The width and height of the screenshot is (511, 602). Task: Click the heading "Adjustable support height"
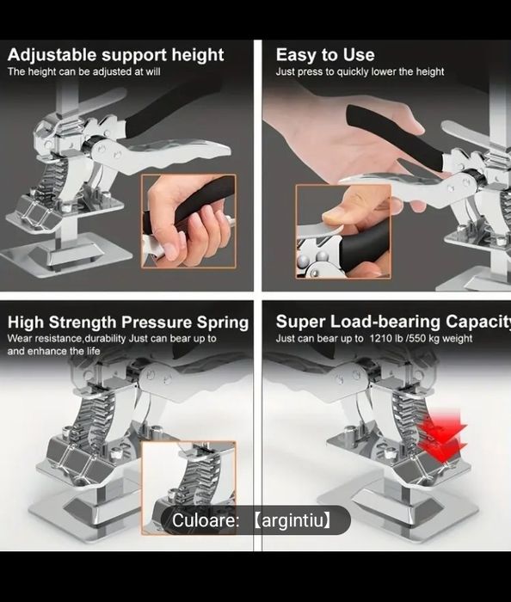tap(115, 55)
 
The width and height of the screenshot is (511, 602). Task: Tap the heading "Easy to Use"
tap(325, 55)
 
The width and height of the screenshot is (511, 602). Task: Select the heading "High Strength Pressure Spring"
tap(128, 322)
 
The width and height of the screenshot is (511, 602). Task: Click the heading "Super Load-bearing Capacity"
tap(393, 322)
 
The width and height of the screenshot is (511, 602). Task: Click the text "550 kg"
tap(424, 339)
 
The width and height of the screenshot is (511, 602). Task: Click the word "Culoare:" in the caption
tap(206, 520)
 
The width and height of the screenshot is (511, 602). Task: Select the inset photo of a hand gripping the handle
tap(188, 221)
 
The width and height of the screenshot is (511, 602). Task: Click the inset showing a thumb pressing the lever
tap(343, 230)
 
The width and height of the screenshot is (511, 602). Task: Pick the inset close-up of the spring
tap(188, 488)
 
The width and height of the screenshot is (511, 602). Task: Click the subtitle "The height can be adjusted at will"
tap(84, 71)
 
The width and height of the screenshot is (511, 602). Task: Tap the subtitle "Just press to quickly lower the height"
tap(360, 71)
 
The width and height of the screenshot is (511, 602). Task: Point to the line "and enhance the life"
tap(53, 351)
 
